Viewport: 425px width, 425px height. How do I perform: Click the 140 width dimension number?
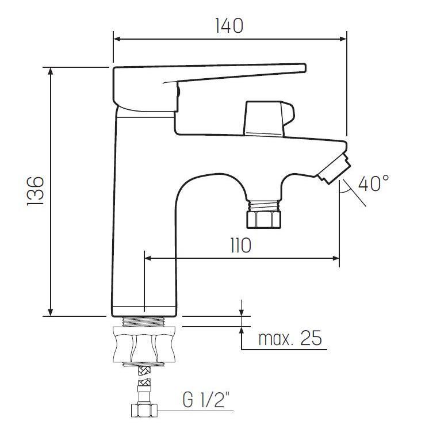click(229, 26)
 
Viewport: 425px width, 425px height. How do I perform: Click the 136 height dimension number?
click(36, 190)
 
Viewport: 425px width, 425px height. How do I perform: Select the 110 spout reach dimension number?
click(240, 246)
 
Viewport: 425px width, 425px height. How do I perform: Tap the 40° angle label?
click(373, 184)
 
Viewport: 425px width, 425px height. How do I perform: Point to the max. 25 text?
click(289, 339)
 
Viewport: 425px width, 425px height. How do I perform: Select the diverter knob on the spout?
click(267, 119)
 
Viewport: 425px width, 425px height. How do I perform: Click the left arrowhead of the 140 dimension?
click(117, 39)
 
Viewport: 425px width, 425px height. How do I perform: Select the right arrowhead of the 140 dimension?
click(343, 39)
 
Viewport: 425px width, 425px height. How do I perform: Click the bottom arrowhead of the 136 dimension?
click(51, 312)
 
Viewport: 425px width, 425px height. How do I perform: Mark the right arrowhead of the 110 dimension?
click(335, 259)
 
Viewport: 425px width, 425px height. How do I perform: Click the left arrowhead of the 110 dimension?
click(148, 259)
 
